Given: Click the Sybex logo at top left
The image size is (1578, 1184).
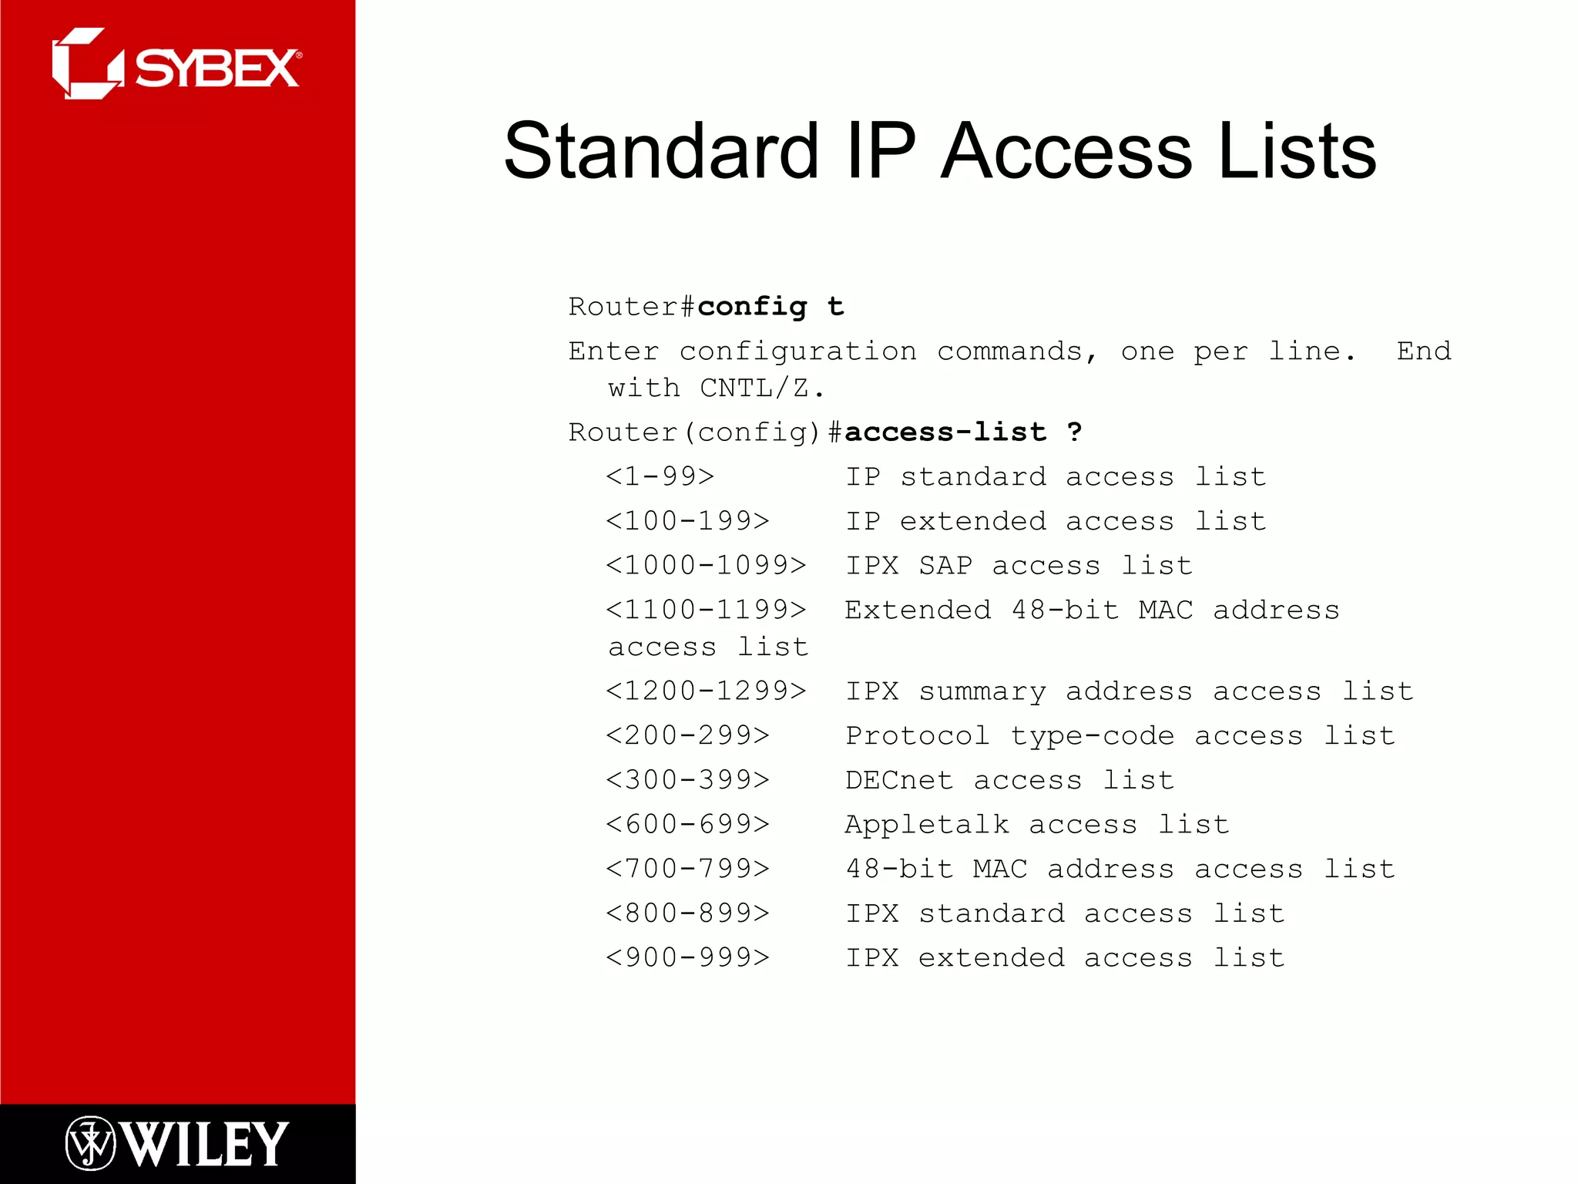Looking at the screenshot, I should (x=176, y=65).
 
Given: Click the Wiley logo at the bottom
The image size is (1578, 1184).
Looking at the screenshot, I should (x=176, y=1143).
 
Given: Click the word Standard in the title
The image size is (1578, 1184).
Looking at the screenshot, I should (x=661, y=151).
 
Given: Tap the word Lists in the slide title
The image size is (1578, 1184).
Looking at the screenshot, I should (x=1297, y=151).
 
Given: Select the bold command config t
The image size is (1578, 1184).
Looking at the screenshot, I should (x=771, y=307).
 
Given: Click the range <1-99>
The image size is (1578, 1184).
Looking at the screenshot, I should (x=660, y=476).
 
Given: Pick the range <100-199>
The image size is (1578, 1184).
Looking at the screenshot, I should (x=687, y=521).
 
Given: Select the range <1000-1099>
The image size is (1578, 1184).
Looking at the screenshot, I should (x=706, y=565).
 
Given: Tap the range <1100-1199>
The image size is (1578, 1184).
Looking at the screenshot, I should (x=706, y=610).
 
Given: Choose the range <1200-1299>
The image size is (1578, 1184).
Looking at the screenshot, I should (x=706, y=691).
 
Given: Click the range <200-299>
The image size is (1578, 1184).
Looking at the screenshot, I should (x=687, y=735).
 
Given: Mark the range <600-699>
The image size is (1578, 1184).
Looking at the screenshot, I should (x=687, y=824).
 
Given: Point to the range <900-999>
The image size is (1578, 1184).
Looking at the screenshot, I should (x=687, y=957).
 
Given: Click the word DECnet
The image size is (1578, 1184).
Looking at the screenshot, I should (x=899, y=780).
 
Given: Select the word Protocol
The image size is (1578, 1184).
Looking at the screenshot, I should (x=918, y=736).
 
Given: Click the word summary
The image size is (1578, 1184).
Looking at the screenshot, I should (x=982, y=691).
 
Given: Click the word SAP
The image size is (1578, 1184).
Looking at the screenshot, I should (x=945, y=566).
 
